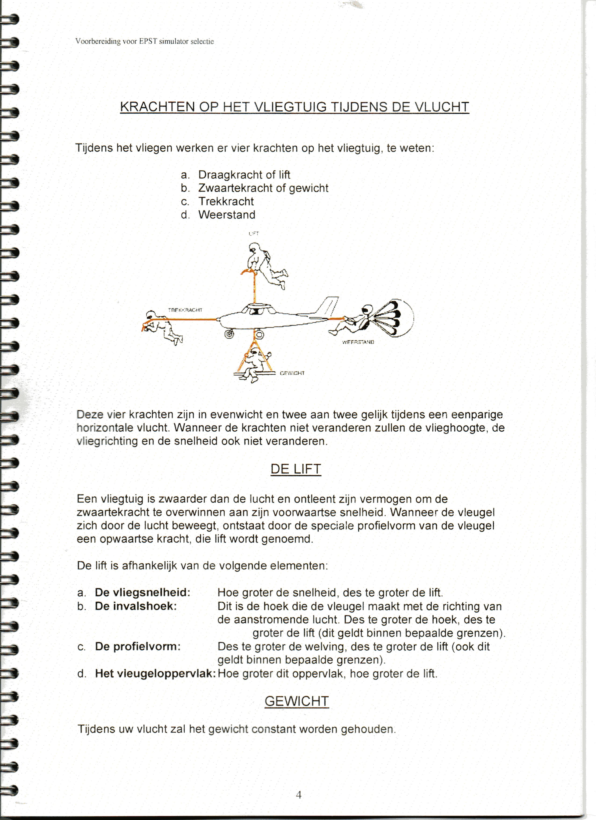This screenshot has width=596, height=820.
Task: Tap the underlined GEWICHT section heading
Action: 297,702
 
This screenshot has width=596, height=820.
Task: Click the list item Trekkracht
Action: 226,201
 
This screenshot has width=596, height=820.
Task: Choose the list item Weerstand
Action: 226,215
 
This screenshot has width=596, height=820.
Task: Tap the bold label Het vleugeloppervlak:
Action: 155,673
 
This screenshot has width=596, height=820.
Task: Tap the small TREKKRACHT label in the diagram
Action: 185,310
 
